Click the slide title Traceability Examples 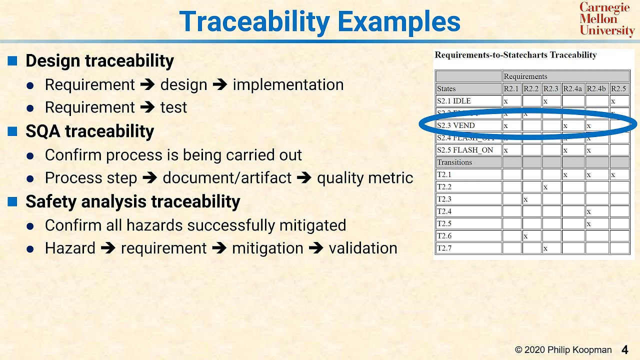(319, 22)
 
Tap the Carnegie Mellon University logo (606, 19)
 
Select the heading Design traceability (99, 61)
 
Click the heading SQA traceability (89, 131)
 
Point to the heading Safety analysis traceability (132, 201)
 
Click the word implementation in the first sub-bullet (288, 85)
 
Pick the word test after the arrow (173, 107)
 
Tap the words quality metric (365, 178)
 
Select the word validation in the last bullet (362, 248)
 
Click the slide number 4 (624, 349)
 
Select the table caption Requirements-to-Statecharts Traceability (515, 55)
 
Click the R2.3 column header (550, 89)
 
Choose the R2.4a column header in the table (572, 89)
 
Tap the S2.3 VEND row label (456, 125)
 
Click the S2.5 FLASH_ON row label (465, 150)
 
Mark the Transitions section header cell (454, 162)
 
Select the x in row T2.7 (545, 248)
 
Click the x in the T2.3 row (525, 199)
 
